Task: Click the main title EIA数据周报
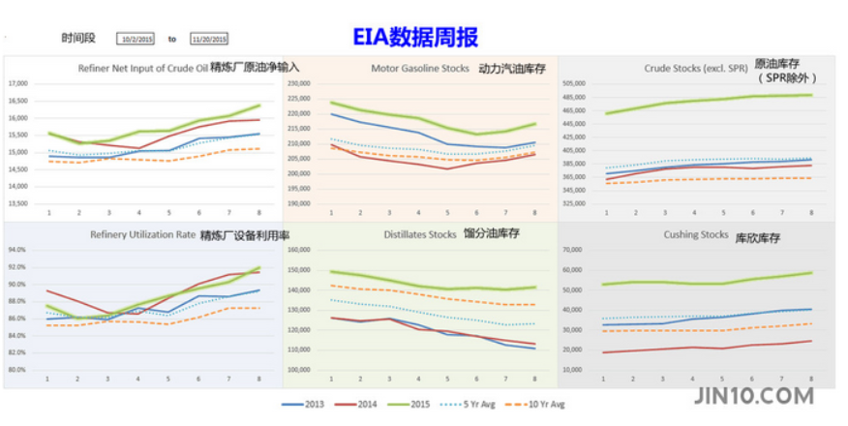point(414,38)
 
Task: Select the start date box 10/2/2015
point(135,39)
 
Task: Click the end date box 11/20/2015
point(208,39)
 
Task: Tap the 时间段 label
point(78,39)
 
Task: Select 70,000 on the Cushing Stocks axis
point(575,249)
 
